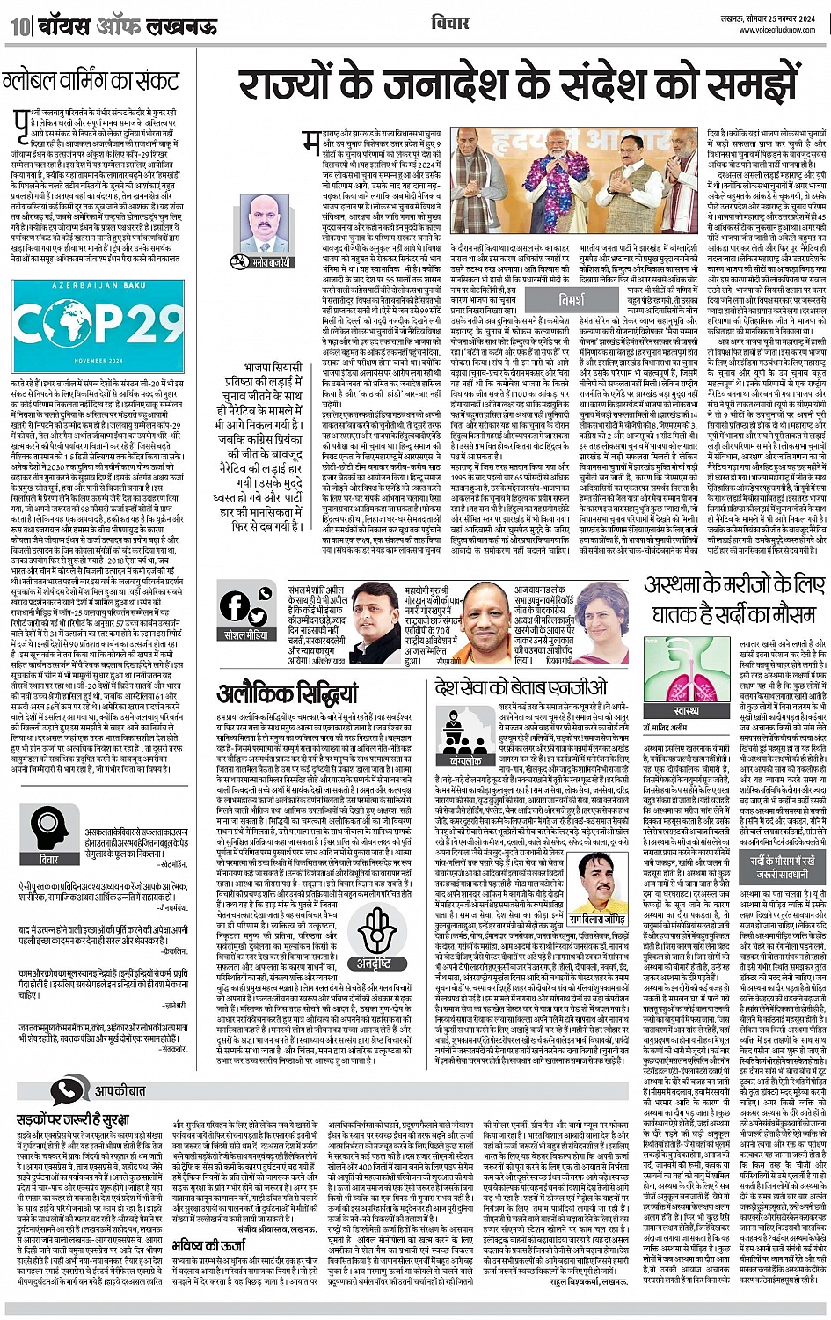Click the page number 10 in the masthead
[19, 26]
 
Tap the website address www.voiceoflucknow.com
[779, 28]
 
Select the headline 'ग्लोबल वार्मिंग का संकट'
[91, 83]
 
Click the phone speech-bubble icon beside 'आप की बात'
[69, 1090]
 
